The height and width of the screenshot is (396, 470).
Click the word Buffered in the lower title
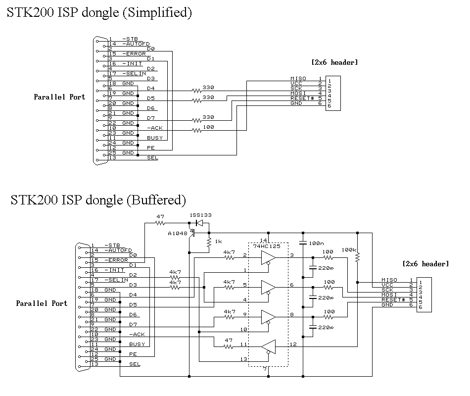156,200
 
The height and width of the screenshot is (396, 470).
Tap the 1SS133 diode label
200,216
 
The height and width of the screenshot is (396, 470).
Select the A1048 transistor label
178,233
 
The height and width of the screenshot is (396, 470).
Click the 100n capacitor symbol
303,243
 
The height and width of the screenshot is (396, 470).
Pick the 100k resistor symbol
357,257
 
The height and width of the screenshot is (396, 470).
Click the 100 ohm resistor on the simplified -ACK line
197,130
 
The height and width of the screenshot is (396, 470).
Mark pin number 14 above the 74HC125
263,240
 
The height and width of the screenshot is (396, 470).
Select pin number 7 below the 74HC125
266,369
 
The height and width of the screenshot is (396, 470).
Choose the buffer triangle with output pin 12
268,347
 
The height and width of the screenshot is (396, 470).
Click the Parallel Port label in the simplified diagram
59,97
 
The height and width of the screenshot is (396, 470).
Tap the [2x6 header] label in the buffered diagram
425,264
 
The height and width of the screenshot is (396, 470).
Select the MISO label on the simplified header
298,79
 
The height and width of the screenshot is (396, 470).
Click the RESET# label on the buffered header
393,299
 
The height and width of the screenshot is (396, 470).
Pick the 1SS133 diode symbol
199,223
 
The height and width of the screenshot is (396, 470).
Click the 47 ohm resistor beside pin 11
229,346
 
